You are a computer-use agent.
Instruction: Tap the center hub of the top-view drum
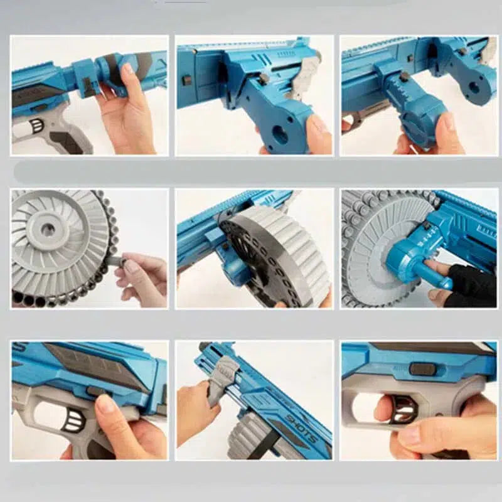(x=47, y=229)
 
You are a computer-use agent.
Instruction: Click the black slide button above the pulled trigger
(x=422, y=369)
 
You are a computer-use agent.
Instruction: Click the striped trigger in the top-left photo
(x=36, y=125)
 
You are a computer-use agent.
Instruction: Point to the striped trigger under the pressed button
(x=70, y=419)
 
